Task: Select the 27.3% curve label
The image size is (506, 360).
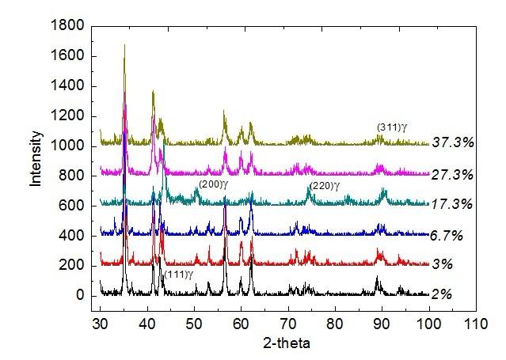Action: pyautogui.click(x=453, y=174)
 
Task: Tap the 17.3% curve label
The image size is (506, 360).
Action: pyautogui.click(x=453, y=205)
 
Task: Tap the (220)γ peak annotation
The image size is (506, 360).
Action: pyautogui.click(x=325, y=186)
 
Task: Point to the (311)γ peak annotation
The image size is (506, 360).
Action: pyautogui.click(x=391, y=127)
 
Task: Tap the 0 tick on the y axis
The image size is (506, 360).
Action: pyautogui.click(x=80, y=295)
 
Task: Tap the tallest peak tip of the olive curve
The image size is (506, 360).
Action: pyautogui.click(x=124, y=45)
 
